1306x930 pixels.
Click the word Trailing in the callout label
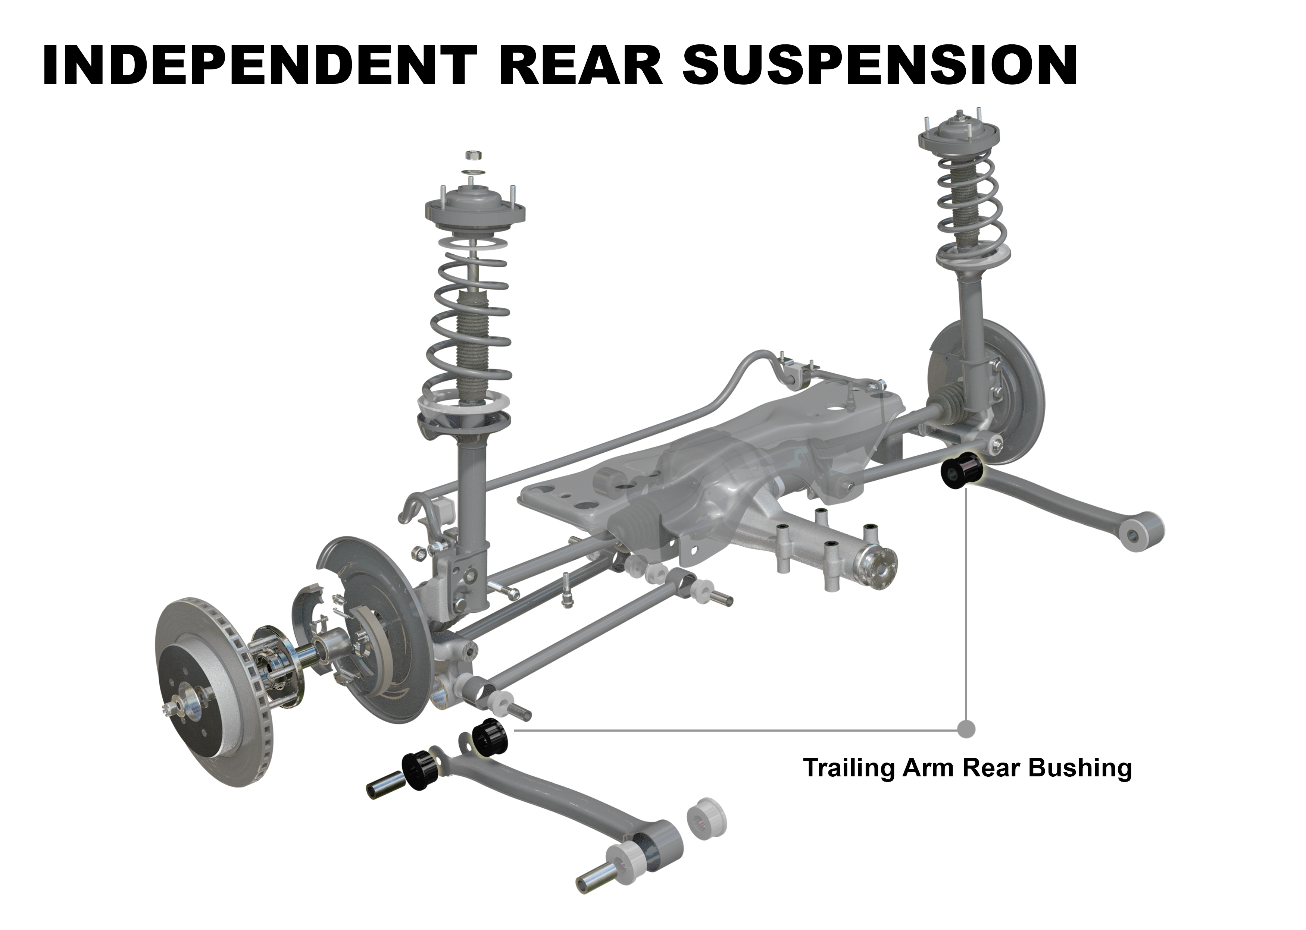point(848,767)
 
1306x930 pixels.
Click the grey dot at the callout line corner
point(966,729)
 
